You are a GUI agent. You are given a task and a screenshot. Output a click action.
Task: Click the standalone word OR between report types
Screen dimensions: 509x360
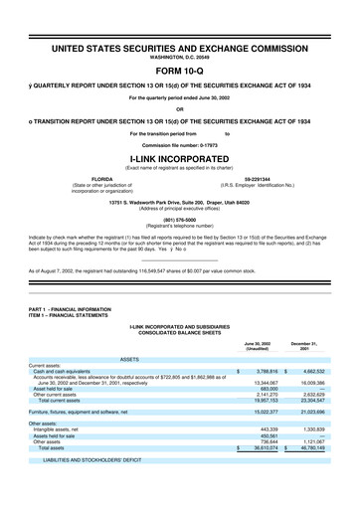(179, 109)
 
